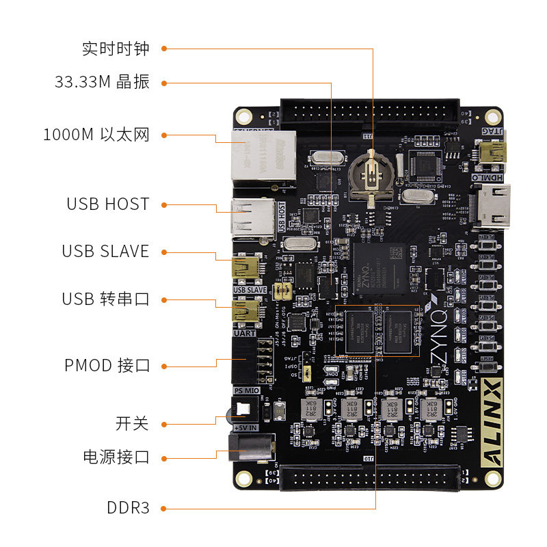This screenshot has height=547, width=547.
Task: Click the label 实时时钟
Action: click(115, 49)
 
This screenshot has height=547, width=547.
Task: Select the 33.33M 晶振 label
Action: click(102, 82)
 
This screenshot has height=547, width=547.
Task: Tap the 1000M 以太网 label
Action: click(96, 135)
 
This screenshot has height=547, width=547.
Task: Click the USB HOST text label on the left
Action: click(107, 204)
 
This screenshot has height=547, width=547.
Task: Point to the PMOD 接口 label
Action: click(107, 365)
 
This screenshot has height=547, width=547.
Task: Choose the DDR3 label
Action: click(128, 508)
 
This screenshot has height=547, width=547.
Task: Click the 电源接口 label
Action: click(116, 457)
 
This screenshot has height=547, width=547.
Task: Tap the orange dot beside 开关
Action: click(164, 424)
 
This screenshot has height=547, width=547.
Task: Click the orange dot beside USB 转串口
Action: click(164, 299)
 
